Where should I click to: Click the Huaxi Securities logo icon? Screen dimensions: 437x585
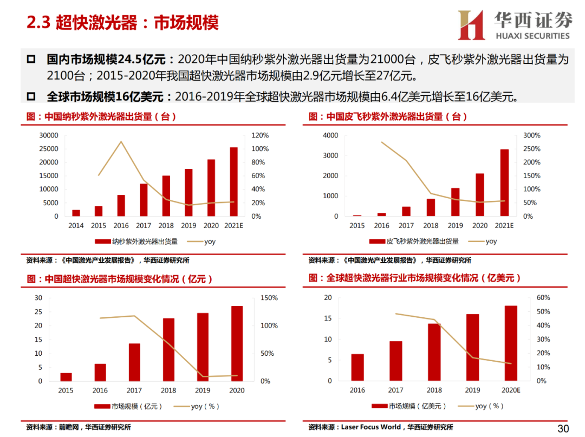(x=471, y=25)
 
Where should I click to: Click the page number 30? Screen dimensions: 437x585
(x=563, y=429)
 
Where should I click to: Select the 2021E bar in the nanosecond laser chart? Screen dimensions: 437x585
(x=233, y=182)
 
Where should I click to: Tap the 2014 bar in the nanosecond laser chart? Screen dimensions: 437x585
(x=76, y=213)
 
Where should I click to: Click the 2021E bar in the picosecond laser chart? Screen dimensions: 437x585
(x=504, y=183)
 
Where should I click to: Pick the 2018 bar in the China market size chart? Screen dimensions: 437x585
(x=169, y=350)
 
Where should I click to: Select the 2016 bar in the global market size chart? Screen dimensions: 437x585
(x=357, y=367)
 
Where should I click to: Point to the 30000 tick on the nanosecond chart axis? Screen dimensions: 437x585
(x=49, y=135)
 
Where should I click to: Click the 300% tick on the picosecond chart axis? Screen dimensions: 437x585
(x=531, y=135)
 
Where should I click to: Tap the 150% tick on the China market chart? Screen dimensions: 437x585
(x=269, y=298)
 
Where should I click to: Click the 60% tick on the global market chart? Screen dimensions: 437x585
(x=543, y=298)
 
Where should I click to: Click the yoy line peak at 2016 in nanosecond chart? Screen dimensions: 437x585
(x=121, y=142)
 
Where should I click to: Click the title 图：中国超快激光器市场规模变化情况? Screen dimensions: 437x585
(x=120, y=279)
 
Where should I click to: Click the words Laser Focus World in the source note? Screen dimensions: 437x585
(x=371, y=427)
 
